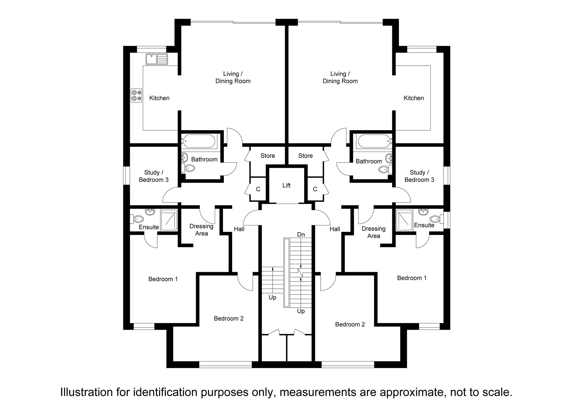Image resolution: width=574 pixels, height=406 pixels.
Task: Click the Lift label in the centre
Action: (x=286, y=185)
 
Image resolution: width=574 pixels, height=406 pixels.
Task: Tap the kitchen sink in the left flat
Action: (x=157, y=59)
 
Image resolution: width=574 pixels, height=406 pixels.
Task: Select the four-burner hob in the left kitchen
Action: (x=136, y=96)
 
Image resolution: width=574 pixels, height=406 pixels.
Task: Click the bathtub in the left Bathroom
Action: (x=199, y=141)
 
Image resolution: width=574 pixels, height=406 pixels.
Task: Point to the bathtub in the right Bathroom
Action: (x=374, y=141)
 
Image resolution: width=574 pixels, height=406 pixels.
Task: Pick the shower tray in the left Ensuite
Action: (x=169, y=220)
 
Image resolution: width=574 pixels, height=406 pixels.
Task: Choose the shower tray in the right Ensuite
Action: (x=404, y=220)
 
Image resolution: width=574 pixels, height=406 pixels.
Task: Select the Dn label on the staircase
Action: (x=301, y=234)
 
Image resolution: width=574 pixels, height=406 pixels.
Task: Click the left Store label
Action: (x=268, y=156)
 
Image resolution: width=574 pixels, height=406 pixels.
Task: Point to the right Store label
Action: (x=306, y=156)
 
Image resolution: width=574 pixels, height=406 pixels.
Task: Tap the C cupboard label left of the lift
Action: (x=258, y=189)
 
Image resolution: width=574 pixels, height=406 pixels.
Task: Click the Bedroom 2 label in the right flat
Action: (x=350, y=324)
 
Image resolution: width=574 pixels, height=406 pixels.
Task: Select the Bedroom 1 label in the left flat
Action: (x=163, y=279)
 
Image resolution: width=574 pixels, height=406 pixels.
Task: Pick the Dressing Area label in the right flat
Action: (x=374, y=232)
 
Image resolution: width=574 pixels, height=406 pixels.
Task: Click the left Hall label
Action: (x=239, y=229)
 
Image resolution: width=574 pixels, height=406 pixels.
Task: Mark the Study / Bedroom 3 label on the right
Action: (x=419, y=176)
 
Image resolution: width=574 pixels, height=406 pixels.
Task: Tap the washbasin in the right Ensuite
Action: (x=424, y=211)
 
